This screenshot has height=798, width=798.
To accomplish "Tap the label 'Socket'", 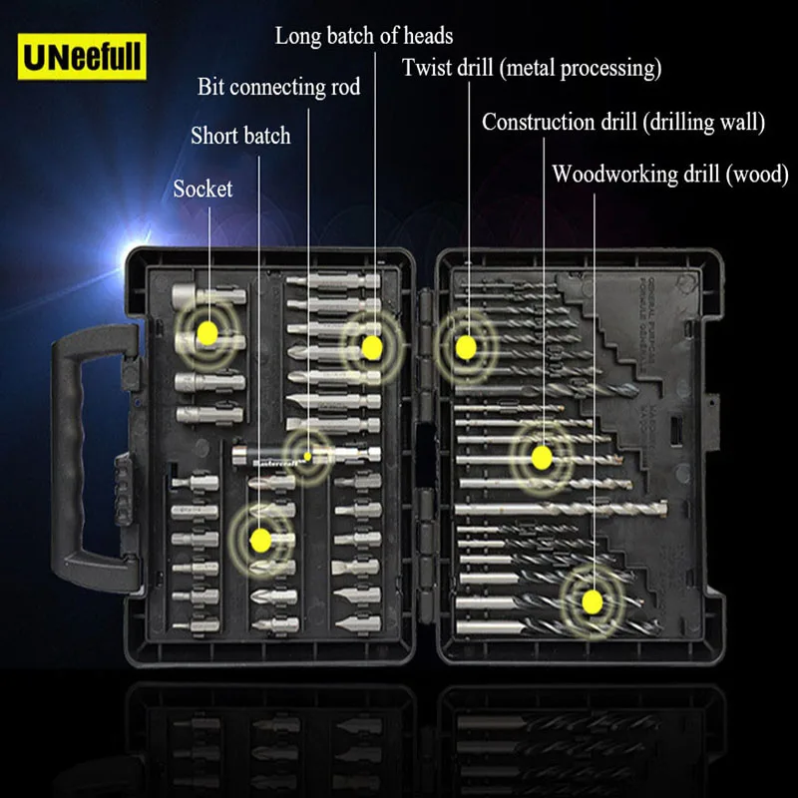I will (x=202, y=189).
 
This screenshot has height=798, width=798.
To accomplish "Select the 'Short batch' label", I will (x=240, y=136).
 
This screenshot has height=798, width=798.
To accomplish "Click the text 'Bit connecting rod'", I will (x=278, y=87).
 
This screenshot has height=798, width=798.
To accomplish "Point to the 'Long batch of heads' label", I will (x=363, y=37).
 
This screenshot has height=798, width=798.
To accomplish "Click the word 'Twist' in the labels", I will (x=426, y=69).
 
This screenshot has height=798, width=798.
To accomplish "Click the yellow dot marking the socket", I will (x=206, y=331).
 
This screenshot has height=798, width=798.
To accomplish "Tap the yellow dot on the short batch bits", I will (x=260, y=540).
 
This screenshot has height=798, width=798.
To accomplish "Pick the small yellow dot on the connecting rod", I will (x=308, y=457).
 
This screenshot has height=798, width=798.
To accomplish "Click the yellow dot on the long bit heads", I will (x=371, y=347).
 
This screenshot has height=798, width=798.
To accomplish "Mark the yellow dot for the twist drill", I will (x=464, y=346).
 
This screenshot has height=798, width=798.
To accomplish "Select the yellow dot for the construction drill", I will (x=541, y=458).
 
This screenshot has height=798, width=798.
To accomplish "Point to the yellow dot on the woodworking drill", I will (x=592, y=600).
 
